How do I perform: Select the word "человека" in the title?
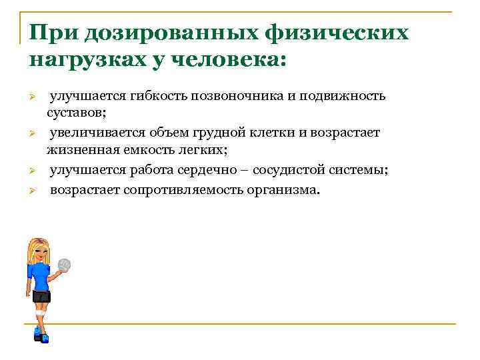pos(229,60)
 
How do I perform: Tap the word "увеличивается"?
pos(93,133)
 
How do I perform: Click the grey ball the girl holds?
pos(65,265)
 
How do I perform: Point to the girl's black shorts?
pos(41,295)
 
